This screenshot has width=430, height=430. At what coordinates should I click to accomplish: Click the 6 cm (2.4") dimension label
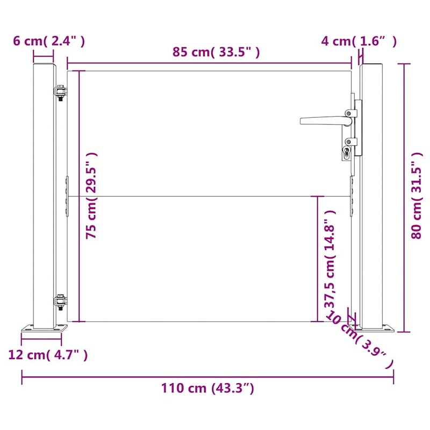[49, 41]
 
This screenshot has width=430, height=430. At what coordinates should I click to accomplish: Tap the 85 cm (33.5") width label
[216, 52]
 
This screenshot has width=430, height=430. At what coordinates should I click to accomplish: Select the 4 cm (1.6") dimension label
[359, 41]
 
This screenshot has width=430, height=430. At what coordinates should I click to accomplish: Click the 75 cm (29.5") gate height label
[91, 196]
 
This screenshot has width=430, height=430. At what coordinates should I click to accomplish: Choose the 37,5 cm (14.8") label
[329, 260]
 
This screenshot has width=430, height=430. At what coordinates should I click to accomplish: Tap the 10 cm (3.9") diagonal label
[359, 340]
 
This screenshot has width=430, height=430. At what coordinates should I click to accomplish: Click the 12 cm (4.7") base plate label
[48, 355]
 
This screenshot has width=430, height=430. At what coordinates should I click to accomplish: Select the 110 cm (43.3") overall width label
[207, 388]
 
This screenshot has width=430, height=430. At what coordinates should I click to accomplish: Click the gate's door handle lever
[325, 120]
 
